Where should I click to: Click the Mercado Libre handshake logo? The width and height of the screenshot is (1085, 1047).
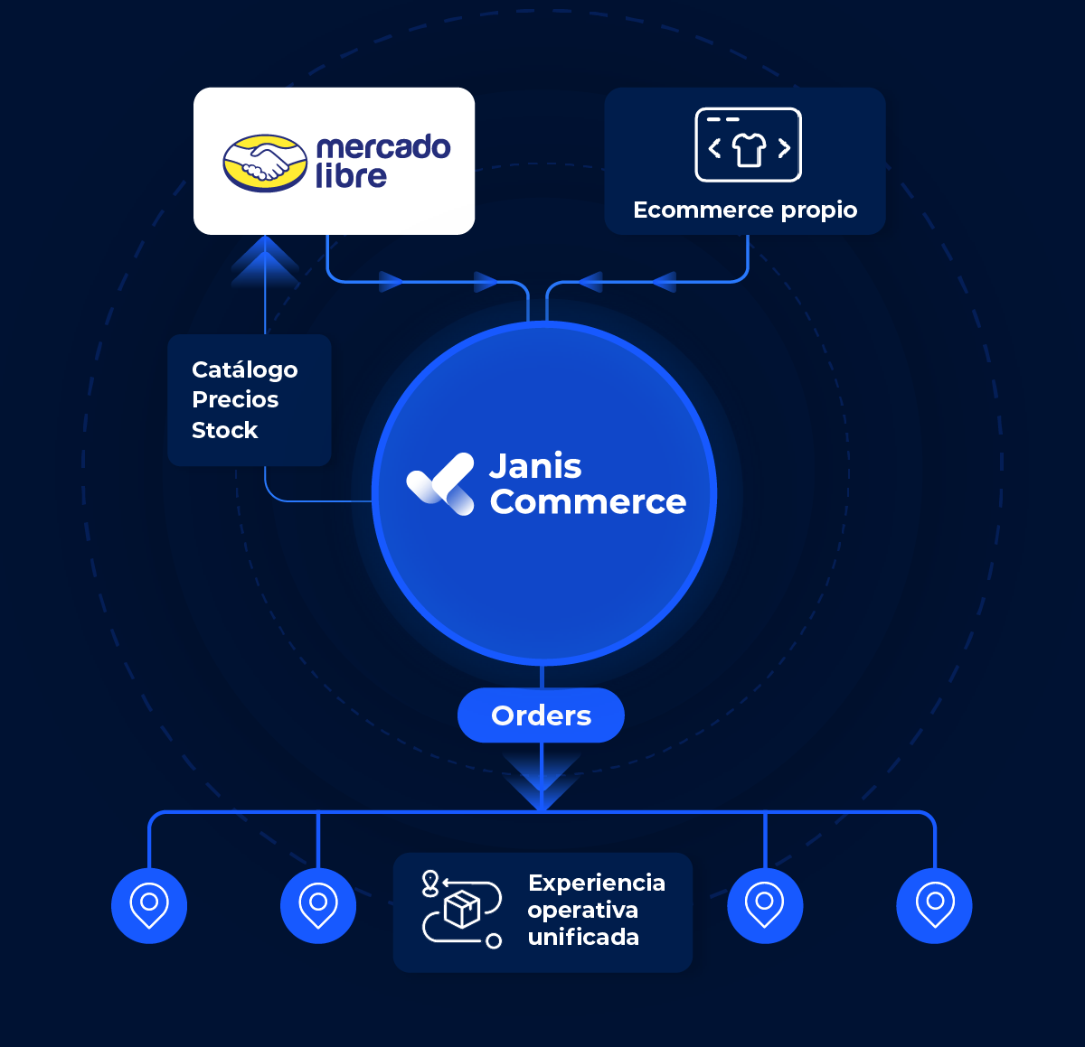tap(265, 164)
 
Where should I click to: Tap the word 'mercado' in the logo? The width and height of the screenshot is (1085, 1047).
tap(383, 147)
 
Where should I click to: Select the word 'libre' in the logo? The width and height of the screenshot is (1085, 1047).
tap(351, 175)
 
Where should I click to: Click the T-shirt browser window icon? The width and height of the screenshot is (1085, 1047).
tap(748, 145)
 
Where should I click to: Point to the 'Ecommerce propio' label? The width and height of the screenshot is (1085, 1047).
tap(745, 210)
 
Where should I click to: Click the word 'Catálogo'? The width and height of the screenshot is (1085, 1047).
tap(244, 369)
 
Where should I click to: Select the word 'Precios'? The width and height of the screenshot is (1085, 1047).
tap(235, 399)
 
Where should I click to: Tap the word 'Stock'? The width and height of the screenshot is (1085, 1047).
tap(225, 430)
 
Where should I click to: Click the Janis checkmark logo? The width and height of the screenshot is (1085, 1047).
tap(440, 484)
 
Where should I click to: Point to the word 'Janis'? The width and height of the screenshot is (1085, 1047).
tap(535, 466)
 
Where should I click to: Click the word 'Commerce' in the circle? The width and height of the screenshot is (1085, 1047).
tap(588, 501)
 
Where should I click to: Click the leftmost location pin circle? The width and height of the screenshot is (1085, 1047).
tap(149, 905)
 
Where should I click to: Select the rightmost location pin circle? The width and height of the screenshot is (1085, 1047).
tap(934, 905)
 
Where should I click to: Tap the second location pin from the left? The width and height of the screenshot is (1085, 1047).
tap(318, 905)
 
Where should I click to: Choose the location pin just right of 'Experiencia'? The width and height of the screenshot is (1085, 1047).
tap(765, 905)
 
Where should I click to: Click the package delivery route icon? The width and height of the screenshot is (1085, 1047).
tap(461, 909)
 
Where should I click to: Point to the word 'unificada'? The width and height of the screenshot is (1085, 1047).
tap(583, 937)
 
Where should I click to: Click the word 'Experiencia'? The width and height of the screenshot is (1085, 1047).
tap(597, 883)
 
